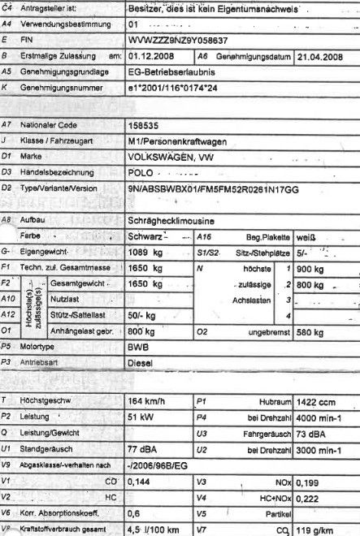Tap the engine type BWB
140,345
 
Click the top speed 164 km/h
150,400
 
